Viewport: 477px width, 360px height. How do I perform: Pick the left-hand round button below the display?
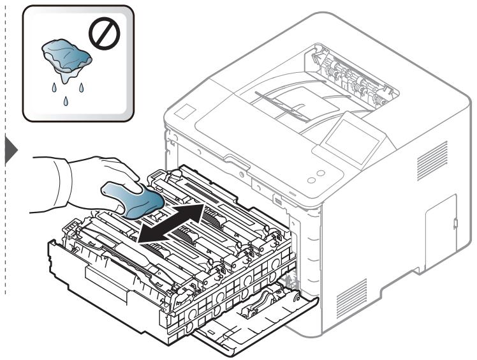coord(311,181)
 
